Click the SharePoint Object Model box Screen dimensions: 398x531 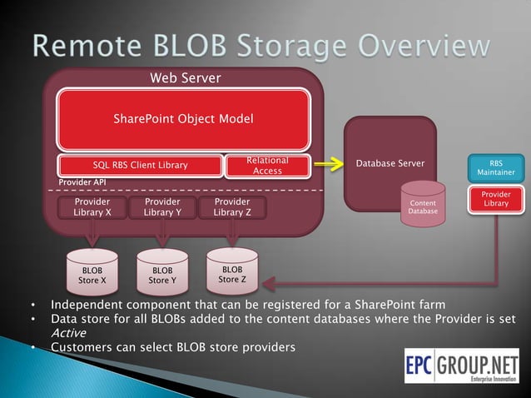(183, 119)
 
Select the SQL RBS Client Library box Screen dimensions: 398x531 (140, 165)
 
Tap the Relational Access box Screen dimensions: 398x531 (267, 166)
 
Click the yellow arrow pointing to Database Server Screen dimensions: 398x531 (330, 164)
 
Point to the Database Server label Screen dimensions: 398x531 (390, 163)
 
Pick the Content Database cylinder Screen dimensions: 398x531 (423, 207)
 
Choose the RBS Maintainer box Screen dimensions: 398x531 (495, 167)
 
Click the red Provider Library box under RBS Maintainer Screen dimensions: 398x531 (495, 200)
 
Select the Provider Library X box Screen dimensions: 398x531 (92, 207)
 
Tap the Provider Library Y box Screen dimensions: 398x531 (162, 207)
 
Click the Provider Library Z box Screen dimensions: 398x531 (232, 207)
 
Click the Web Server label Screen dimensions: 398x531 (185, 78)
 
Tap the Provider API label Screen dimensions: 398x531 (82, 182)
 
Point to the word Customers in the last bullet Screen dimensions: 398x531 (79, 346)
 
